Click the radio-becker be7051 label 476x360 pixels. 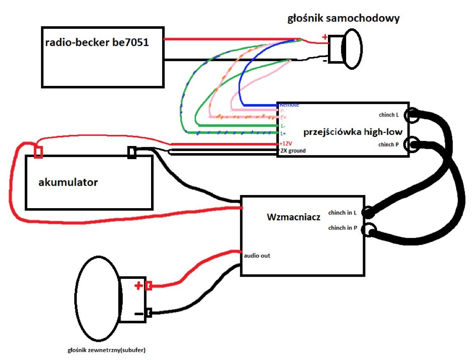click(97, 42)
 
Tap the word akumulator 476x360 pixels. click(68, 182)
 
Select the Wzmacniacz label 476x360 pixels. click(294, 217)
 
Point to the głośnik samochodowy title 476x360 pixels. click(343, 19)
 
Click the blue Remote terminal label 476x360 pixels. click(289, 104)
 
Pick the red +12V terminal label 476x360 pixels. click(286, 144)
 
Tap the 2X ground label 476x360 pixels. click(292, 151)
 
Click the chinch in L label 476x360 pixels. click(342, 212)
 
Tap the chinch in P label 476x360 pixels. click(342, 228)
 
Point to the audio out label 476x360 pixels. click(257, 256)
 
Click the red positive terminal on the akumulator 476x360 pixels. click(38, 151)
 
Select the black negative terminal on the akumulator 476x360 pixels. click(132, 152)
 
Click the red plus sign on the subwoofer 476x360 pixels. click(138, 286)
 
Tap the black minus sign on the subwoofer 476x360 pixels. click(138, 314)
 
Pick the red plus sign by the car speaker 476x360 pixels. click(325, 37)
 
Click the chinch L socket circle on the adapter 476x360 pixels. click(412, 114)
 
